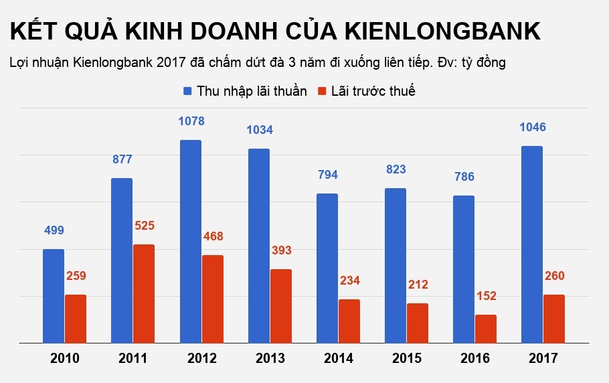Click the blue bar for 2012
(190, 241)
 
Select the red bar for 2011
(144, 293)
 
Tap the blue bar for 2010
(54, 296)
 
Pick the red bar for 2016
(485, 328)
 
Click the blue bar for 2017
(531, 244)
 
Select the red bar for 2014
(349, 321)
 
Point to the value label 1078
(191, 121)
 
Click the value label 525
(144, 226)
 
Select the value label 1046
(532, 127)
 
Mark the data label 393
(280, 250)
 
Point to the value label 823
(396, 169)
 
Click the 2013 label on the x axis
(270, 358)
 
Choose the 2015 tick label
(406, 358)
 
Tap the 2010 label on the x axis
(65, 358)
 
